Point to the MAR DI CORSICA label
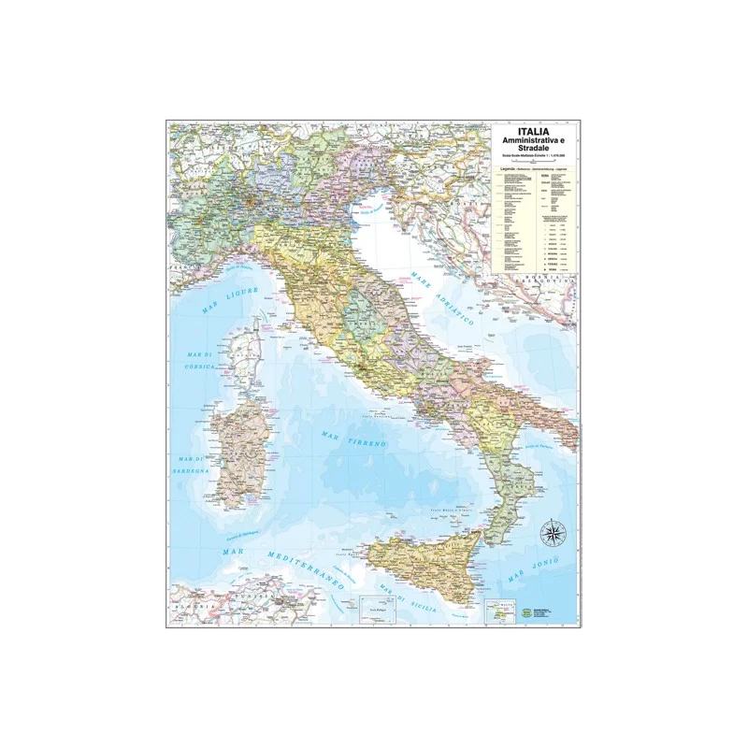(x=200, y=360)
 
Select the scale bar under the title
(x=534, y=162)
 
